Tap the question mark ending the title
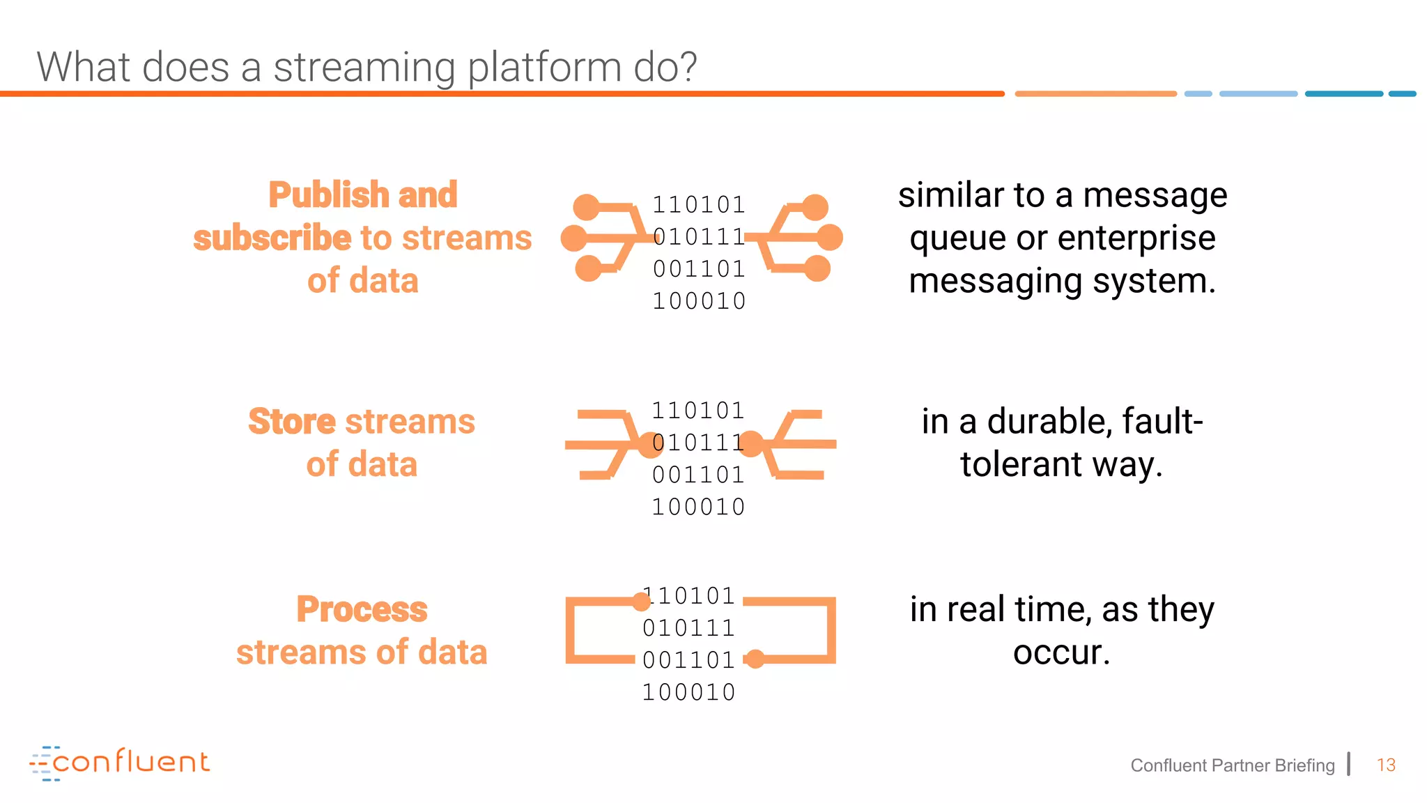pyautogui.click(x=686, y=67)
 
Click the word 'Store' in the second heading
pyautogui.click(x=292, y=422)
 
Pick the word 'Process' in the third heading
pyautogui.click(x=362, y=609)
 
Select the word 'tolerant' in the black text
pyautogui.click(x=1021, y=464)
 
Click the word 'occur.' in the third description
pyautogui.click(x=1061, y=652)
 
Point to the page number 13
pyautogui.click(x=1386, y=765)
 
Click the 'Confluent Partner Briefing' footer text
pyautogui.click(x=1232, y=765)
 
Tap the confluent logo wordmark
pyautogui.click(x=130, y=762)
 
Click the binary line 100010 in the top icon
pyautogui.click(x=699, y=301)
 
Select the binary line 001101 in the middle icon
pyautogui.click(x=698, y=475)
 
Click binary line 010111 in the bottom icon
pyautogui.click(x=688, y=628)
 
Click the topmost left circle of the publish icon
pyautogui.click(x=586, y=207)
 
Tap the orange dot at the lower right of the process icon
pyautogui.click(x=755, y=659)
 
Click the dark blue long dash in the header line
pyautogui.click(x=1343, y=93)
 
